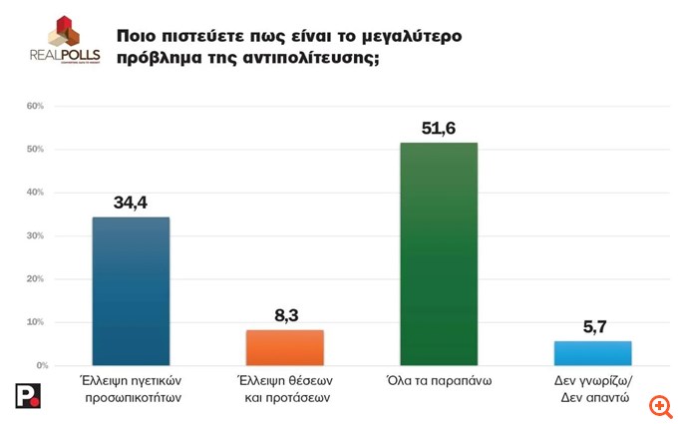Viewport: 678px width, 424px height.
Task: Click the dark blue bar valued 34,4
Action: tap(131, 290)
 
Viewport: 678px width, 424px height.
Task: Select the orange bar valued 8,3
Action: tap(285, 347)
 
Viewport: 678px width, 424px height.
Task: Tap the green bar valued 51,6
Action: tap(439, 253)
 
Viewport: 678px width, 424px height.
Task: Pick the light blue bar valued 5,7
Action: tap(592, 353)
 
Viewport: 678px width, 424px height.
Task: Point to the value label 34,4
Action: tap(131, 204)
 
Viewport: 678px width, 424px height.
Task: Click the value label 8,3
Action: tap(285, 316)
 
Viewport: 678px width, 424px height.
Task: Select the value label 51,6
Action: tap(439, 129)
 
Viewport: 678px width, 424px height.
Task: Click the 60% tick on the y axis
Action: tap(34, 106)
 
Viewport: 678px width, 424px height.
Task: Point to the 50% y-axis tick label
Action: tap(34, 150)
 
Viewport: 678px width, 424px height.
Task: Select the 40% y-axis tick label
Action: tap(34, 193)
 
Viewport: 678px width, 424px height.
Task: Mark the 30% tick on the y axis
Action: tap(34, 236)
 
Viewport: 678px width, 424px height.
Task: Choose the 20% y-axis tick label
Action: tap(34, 279)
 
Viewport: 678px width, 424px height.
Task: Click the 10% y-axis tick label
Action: tap(34, 322)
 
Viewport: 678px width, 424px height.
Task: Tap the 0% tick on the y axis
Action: tap(36, 365)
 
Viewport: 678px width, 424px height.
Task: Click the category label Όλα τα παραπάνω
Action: tap(439, 381)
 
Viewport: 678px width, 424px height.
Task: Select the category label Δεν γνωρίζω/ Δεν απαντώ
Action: tap(592, 389)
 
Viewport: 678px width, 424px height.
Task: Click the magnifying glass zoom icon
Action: tap(659, 405)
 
